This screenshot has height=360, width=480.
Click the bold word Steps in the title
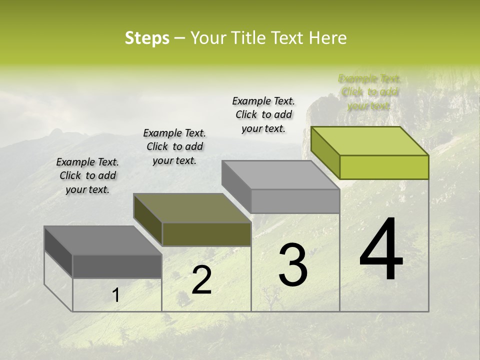pos(147,38)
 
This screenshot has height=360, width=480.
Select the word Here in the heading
pos(328,38)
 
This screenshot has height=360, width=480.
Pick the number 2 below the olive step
pos(202,280)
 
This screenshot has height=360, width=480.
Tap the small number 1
pos(115,295)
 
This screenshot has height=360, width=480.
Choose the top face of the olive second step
pos(192,208)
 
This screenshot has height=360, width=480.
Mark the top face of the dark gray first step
pos(103,240)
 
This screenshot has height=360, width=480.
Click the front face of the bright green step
pos(384,167)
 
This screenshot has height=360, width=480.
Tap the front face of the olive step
pos(206,234)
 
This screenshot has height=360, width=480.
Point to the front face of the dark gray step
pos(117,266)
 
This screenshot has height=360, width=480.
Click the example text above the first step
pos(87,175)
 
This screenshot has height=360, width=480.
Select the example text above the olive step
pos(174,146)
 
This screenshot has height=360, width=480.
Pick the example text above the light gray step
pos(263,114)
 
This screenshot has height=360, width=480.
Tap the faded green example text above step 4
pos(369,92)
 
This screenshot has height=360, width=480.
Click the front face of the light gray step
pos(295,201)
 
